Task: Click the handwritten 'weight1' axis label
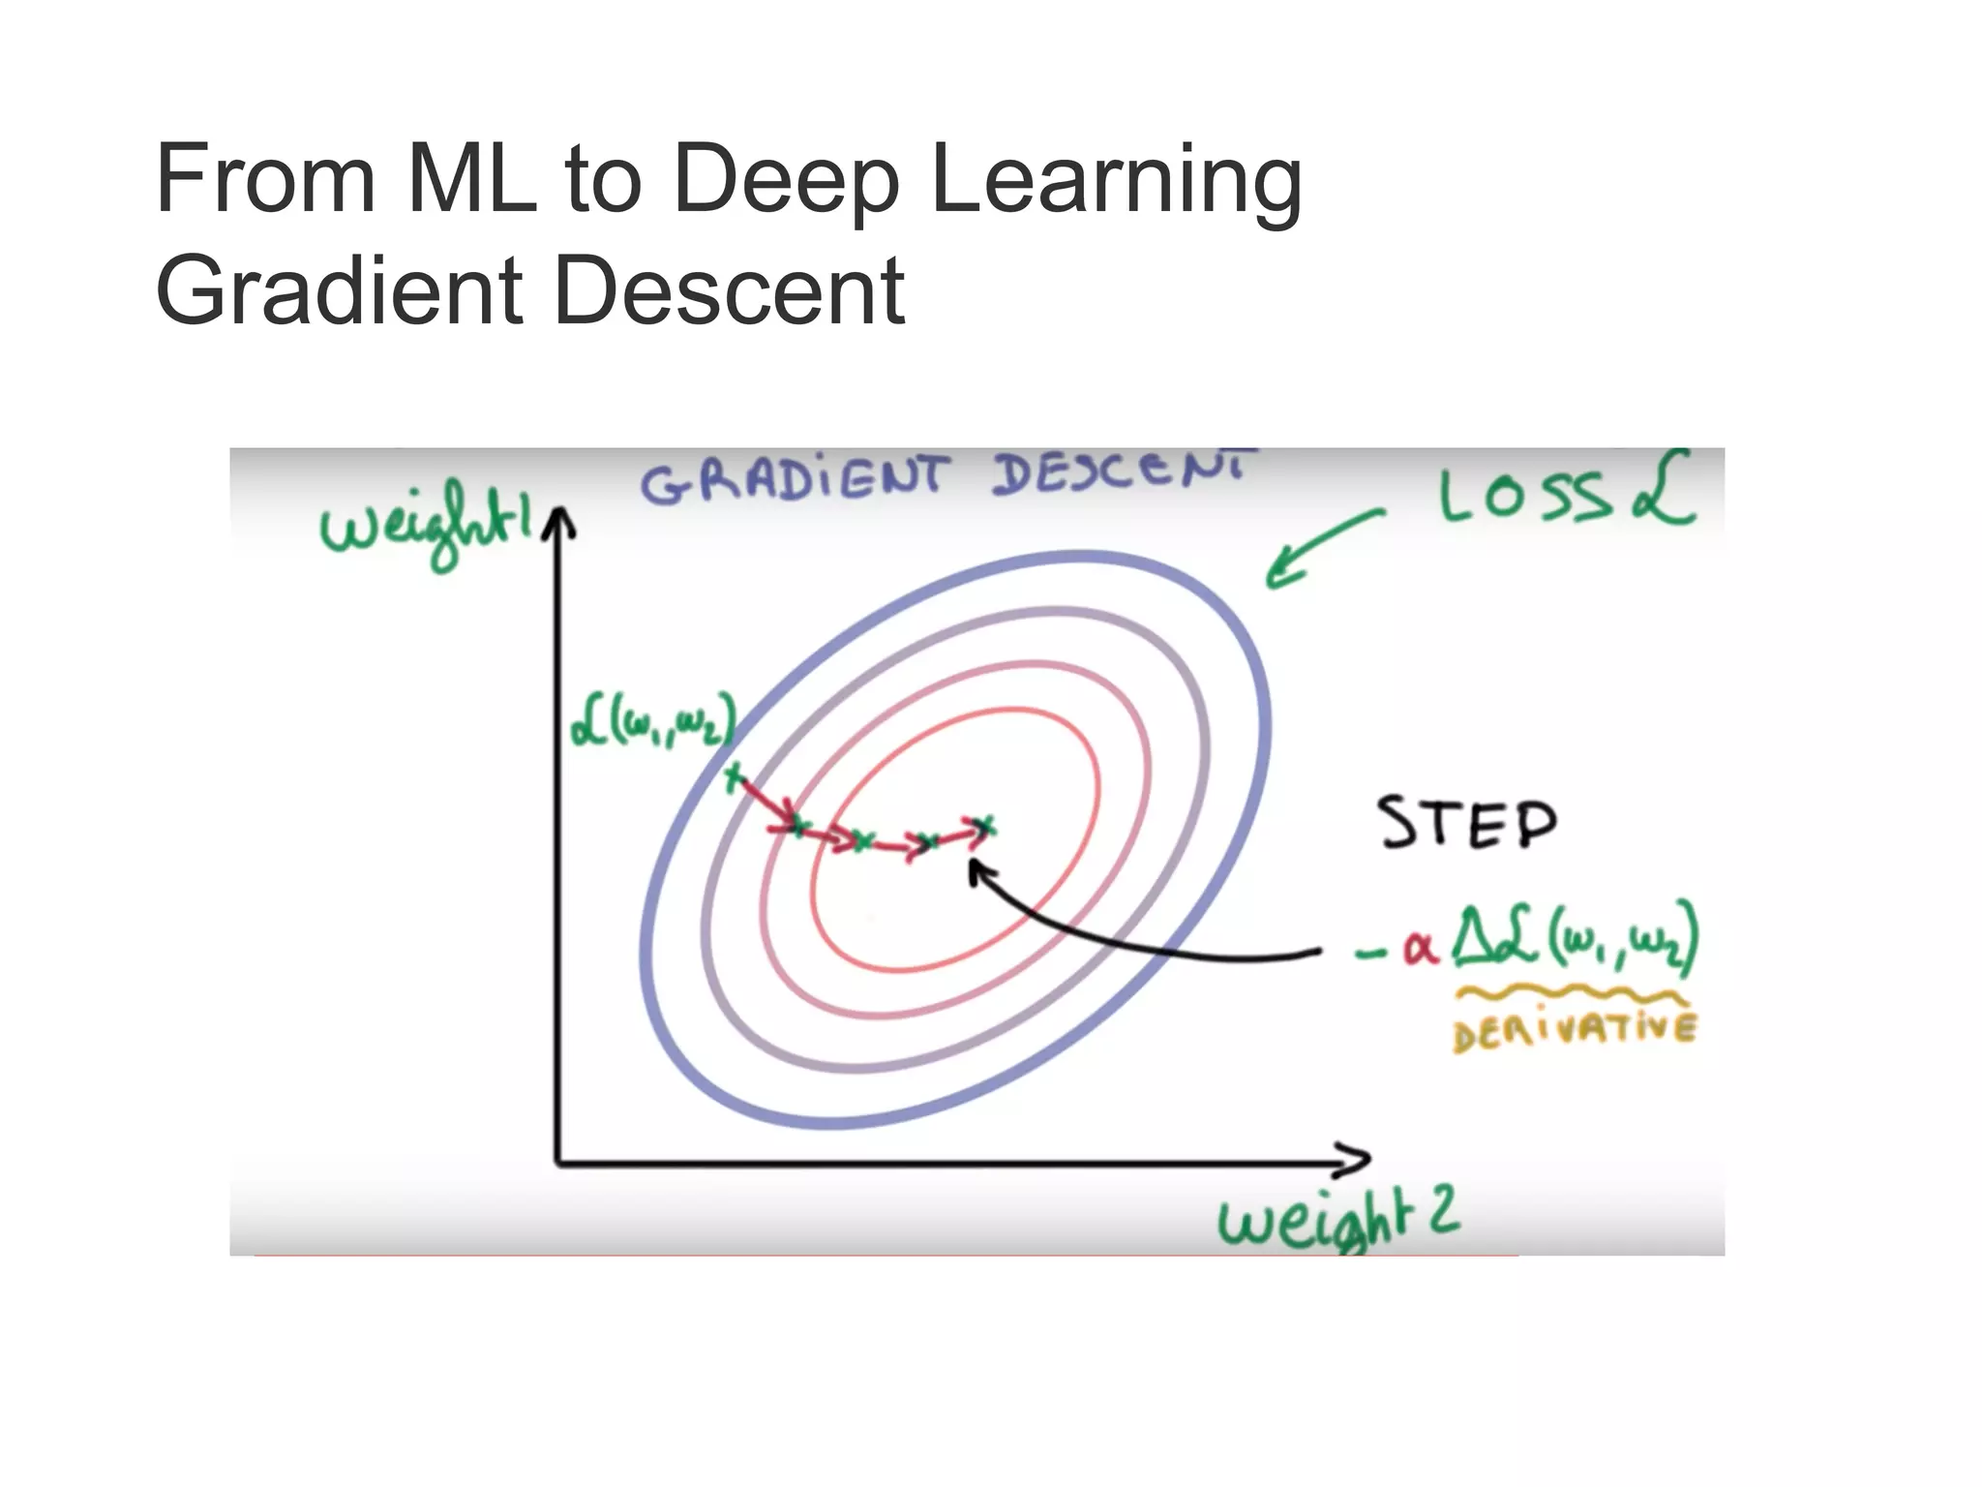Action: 426,531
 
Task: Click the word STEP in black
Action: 1467,824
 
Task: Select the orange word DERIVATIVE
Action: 1574,1031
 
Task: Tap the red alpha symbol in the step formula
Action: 1420,948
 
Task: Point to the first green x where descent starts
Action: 734,776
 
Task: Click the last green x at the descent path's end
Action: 983,825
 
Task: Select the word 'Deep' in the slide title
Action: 786,180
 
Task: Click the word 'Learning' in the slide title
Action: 1115,180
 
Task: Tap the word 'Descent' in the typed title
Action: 730,290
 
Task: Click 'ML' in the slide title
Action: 472,180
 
